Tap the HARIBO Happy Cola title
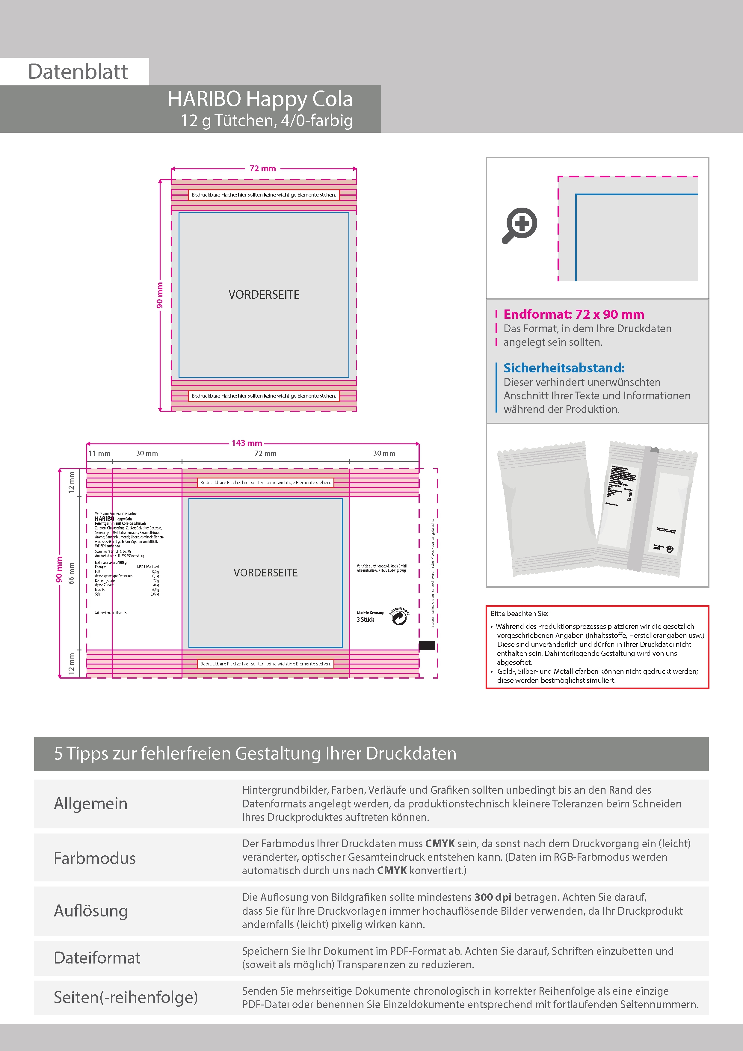[260, 99]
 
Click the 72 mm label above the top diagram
[262, 168]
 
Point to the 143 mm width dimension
[247, 443]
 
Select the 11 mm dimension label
[99, 453]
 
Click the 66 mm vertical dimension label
[71, 573]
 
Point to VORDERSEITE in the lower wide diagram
[265, 573]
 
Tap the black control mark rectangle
[427, 645]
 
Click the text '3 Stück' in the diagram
[365, 620]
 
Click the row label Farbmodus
[94, 858]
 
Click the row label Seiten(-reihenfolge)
[126, 997]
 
